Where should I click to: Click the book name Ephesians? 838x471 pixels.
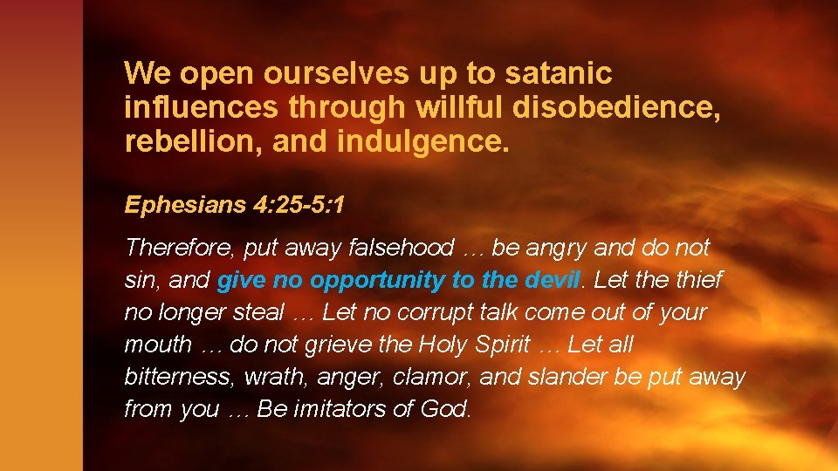(x=180, y=205)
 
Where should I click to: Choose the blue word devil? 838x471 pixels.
(x=553, y=280)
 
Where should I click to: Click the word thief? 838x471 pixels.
(x=694, y=280)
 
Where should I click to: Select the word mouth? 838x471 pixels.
(x=158, y=345)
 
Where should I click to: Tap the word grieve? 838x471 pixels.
(x=338, y=345)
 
